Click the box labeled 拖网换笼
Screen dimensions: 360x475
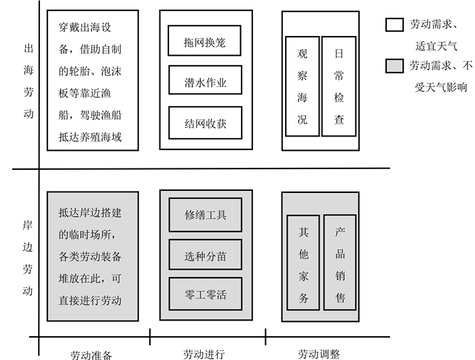[x=204, y=42]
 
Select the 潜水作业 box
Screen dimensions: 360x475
[x=204, y=83]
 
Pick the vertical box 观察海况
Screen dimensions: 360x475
[x=302, y=86]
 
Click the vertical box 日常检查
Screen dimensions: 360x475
[x=339, y=86]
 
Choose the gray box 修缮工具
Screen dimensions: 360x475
[x=205, y=215]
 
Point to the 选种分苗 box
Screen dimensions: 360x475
[x=205, y=256]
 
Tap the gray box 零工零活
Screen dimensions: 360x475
[x=205, y=295]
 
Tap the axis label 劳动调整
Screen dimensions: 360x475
[x=319, y=354]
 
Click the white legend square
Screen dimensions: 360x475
[x=394, y=24]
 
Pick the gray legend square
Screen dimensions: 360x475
[x=394, y=66]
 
